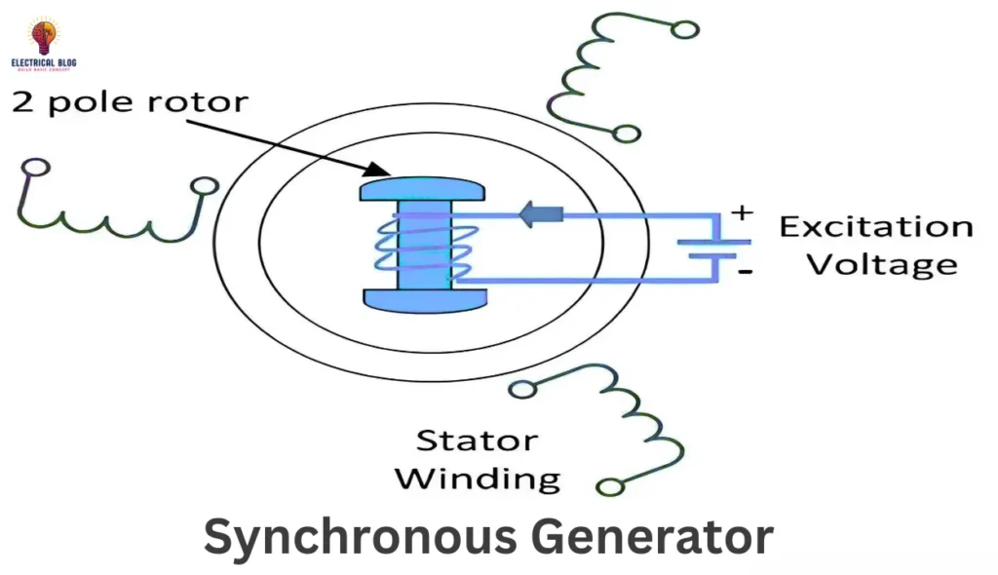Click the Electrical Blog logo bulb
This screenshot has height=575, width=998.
point(44,37)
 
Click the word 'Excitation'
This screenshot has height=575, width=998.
point(875,227)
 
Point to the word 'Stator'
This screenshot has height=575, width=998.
point(477,441)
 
